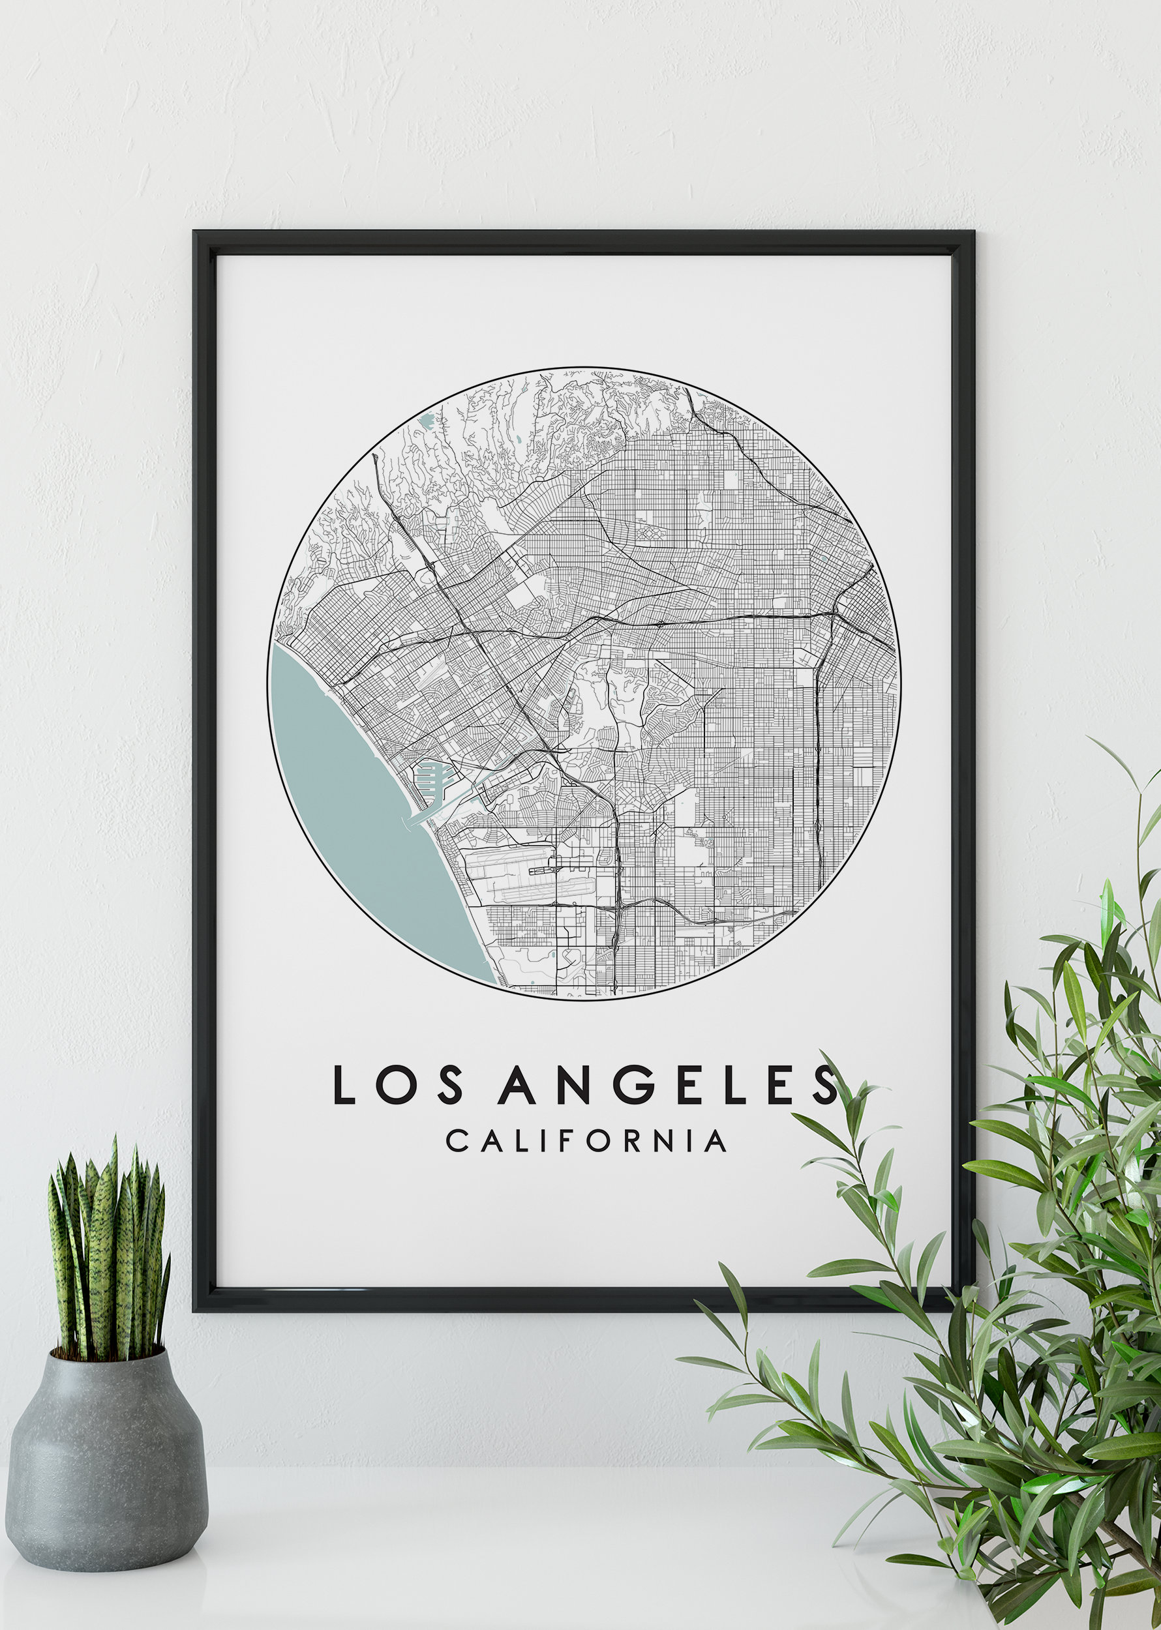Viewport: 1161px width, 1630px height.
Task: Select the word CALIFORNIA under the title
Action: (x=586, y=1141)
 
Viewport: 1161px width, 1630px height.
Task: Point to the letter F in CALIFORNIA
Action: (x=565, y=1141)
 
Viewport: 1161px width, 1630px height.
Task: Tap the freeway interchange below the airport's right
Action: (x=618, y=907)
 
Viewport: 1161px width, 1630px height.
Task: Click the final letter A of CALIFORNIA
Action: (x=715, y=1141)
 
